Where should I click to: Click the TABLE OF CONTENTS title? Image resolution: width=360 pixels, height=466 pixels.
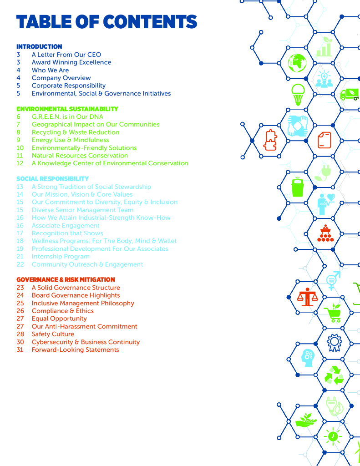click(106, 22)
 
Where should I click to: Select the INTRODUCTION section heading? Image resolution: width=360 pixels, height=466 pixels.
click(39, 46)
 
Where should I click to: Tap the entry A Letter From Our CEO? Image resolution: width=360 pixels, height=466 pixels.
click(66, 55)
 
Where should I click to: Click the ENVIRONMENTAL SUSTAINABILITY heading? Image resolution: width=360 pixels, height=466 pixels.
click(67, 109)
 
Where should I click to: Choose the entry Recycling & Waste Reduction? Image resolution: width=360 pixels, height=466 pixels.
click(76, 132)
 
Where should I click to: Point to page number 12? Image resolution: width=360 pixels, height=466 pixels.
click(20, 163)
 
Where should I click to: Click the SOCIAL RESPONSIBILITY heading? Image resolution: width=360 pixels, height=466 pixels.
click(52, 179)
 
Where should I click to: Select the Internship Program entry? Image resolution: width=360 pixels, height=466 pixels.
click(61, 257)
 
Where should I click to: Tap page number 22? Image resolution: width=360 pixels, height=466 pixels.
click(20, 264)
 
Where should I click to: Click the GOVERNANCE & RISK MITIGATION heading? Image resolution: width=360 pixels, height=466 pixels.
click(66, 280)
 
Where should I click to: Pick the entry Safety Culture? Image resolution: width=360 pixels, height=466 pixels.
click(53, 334)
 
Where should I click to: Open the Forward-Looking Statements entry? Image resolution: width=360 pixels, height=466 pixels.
click(75, 350)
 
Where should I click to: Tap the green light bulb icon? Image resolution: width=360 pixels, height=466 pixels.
click(298, 94)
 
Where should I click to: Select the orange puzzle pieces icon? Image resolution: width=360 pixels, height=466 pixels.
click(271, 140)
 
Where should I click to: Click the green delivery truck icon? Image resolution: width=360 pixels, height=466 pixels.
click(350, 94)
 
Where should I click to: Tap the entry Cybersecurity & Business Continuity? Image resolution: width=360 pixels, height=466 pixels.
click(86, 342)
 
